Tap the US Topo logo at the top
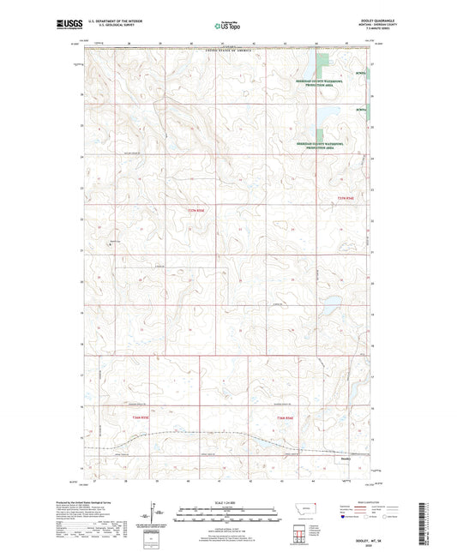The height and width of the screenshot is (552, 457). click(227, 26)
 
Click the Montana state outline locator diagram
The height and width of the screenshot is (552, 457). click(315, 507)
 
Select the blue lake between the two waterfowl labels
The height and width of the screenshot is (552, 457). click(325, 117)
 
